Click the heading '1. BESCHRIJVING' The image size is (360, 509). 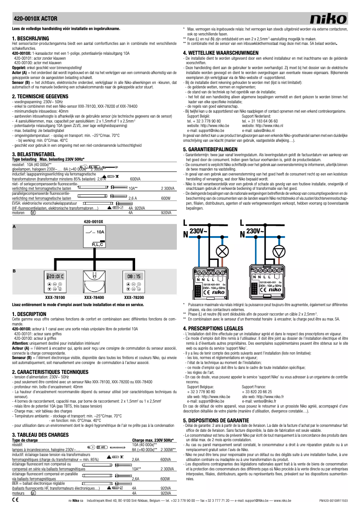30,39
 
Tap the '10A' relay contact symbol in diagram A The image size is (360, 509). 95,232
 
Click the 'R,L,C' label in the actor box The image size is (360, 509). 98,244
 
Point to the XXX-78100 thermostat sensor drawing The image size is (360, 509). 56,281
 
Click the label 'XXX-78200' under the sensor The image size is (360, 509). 134,297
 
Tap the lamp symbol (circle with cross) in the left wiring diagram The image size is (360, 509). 221,251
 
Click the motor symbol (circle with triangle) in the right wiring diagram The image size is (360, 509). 279,251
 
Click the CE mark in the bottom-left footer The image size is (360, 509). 15,499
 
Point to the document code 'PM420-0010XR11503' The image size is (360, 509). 333,500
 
